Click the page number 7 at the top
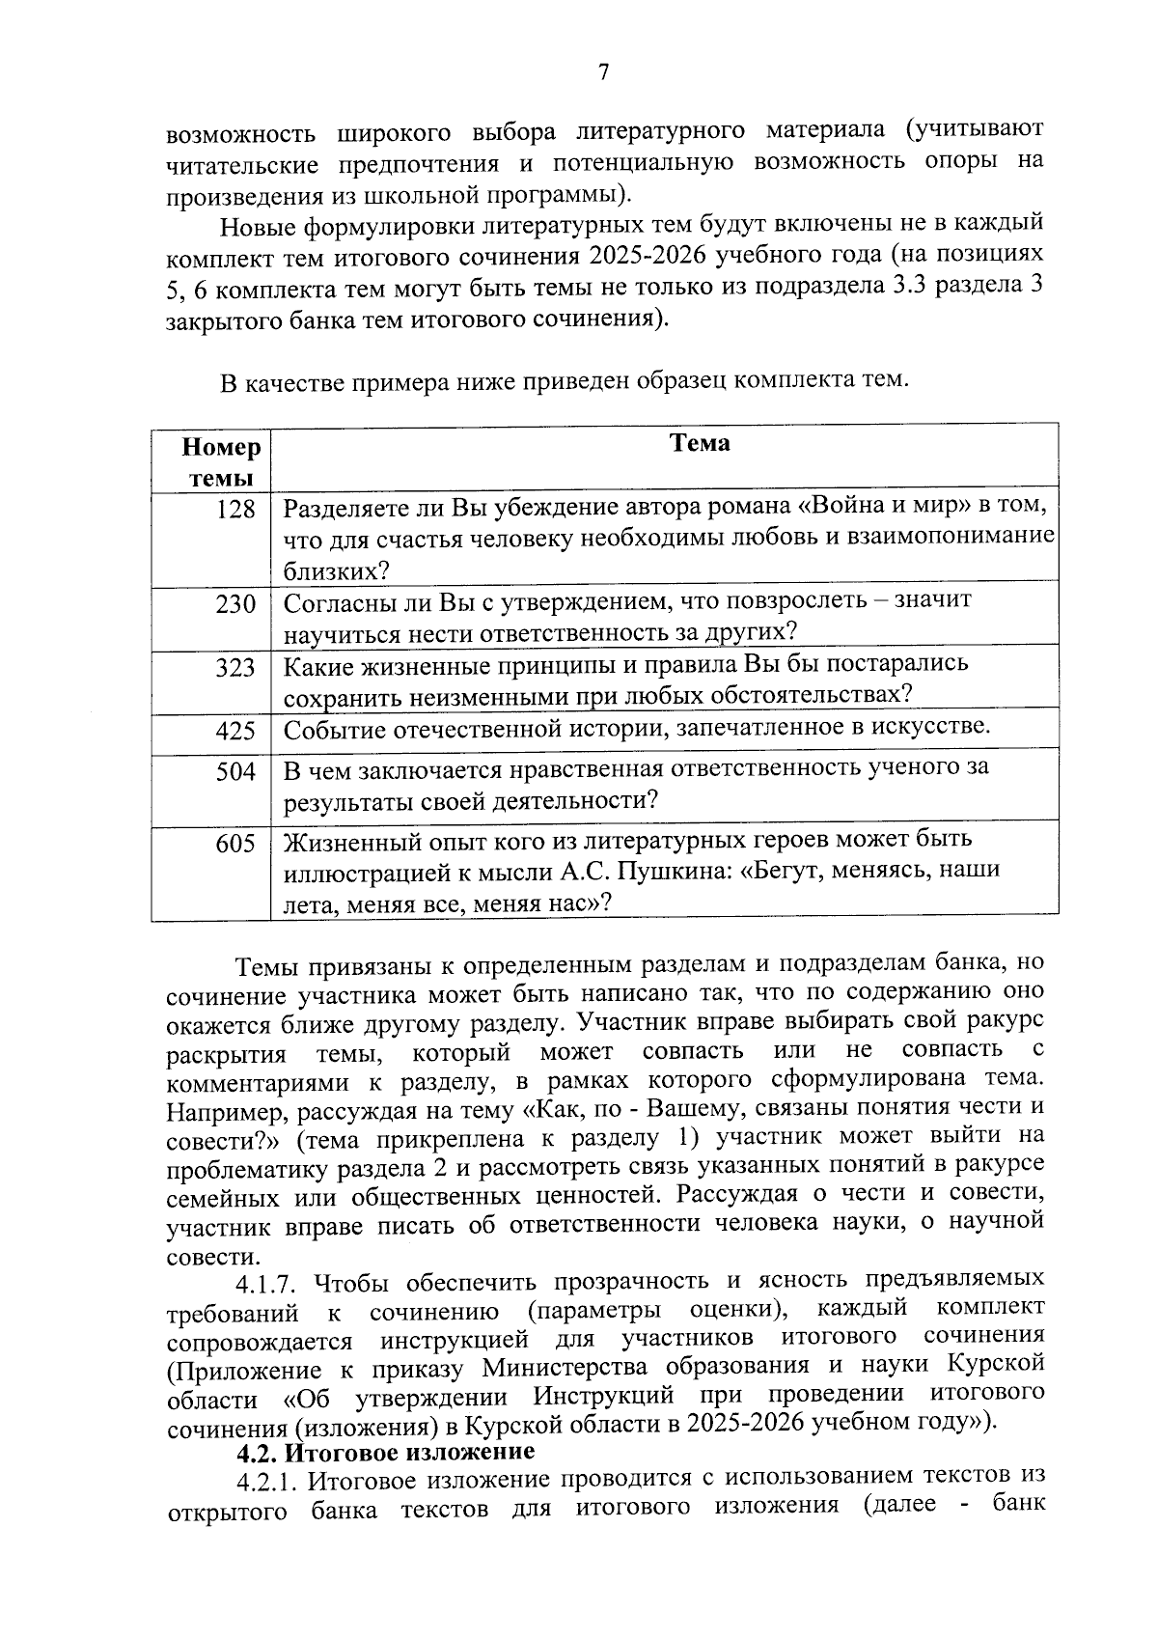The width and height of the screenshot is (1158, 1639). (604, 73)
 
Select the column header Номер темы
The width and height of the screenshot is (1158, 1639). (221, 462)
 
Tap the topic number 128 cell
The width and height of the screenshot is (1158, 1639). (235, 510)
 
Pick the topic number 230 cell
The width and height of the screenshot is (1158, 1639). (235, 605)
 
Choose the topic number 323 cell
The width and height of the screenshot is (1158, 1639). (235, 668)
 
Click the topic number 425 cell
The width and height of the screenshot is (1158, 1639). (235, 731)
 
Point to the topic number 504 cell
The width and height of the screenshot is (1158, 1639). (235, 772)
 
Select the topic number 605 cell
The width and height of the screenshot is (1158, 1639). (235, 845)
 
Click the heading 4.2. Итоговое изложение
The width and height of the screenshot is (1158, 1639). (386, 1451)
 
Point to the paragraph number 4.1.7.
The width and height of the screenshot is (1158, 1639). (271, 1283)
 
